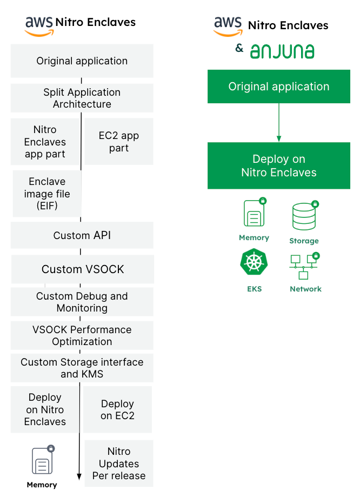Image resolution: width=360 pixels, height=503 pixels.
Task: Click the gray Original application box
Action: coord(82,61)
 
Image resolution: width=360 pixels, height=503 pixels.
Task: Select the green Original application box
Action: coord(278,87)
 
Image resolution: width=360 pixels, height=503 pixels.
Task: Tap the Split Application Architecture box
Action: coord(82,98)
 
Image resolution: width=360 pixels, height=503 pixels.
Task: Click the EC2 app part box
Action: coord(118,142)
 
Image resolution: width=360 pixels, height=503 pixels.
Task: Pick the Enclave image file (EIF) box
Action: coord(47,194)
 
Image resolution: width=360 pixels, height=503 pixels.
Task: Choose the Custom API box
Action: coord(82,235)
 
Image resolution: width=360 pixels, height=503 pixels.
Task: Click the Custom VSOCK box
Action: coord(83,269)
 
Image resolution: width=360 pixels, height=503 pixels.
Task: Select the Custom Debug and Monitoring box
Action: coord(82,302)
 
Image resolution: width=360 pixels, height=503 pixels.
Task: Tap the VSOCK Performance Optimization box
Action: coord(82,335)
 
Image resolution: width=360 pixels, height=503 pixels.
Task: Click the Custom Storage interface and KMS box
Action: coord(82,368)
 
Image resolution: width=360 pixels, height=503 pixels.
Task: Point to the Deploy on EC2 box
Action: coord(117,409)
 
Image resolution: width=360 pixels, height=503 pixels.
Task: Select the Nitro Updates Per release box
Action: coord(119,464)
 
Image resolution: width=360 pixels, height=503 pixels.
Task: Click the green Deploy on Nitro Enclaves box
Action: coord(278,166)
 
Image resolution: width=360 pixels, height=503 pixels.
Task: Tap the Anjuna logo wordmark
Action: coord(282,51)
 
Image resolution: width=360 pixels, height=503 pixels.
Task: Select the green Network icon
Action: coord(304,267)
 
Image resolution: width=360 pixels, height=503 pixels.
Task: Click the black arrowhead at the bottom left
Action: coord(79,476)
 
